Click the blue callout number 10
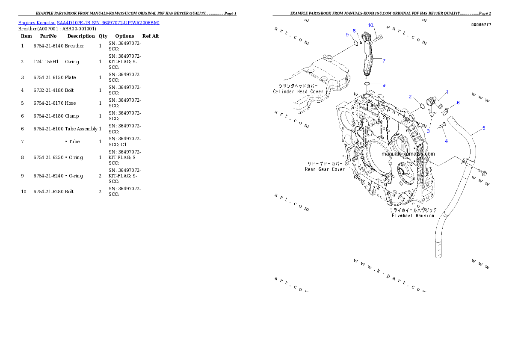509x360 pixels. (370, 25)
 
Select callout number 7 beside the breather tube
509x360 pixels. (384, 61)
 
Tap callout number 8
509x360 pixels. (354, 31)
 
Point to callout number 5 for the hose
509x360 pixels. (483, 128)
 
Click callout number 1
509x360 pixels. (447, 92)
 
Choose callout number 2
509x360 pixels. (410, 97)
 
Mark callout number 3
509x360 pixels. (428, 131)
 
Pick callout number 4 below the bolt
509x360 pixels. (446, 141)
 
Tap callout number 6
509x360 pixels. (458, 103)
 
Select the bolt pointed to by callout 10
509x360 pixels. (378, 39)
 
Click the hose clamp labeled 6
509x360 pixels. (445, 112)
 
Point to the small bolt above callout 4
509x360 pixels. (443, 124)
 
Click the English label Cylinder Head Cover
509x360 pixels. (299, 91)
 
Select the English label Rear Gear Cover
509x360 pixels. (325, 169)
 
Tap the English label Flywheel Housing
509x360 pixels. (413, 215)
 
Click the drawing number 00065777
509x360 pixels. (481, 25)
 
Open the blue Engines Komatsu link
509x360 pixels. (89, 23)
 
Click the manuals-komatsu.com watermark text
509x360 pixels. (408, 154)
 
